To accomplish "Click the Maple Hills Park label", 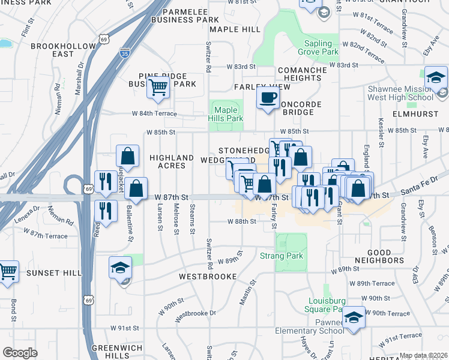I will (x=226, y=114).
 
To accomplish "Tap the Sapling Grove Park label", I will (x=318, y=47).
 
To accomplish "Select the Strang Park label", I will (x=282, y=256).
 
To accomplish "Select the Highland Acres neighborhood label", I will (x=172, y=161).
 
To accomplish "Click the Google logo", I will (x=20, y=352).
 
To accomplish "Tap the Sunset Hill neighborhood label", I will (x=54, y=273).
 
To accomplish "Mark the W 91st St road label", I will (x=125, y=328).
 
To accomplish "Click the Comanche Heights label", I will (x=302, y=74).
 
